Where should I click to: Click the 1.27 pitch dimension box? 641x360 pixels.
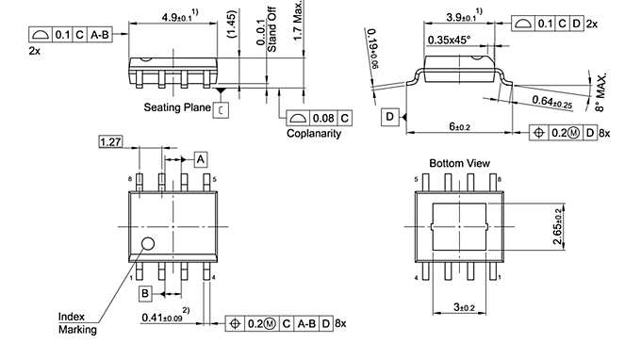pos(111,142)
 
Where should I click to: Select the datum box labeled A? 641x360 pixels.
pos(201,158)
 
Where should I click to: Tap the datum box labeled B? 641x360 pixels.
pos(146,294)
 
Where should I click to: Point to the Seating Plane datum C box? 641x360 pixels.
pos(220,109)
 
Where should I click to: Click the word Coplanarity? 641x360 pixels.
pos(314,134)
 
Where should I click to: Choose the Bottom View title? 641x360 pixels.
pos(459,163)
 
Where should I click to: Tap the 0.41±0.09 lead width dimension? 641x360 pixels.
pos(166,318)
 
